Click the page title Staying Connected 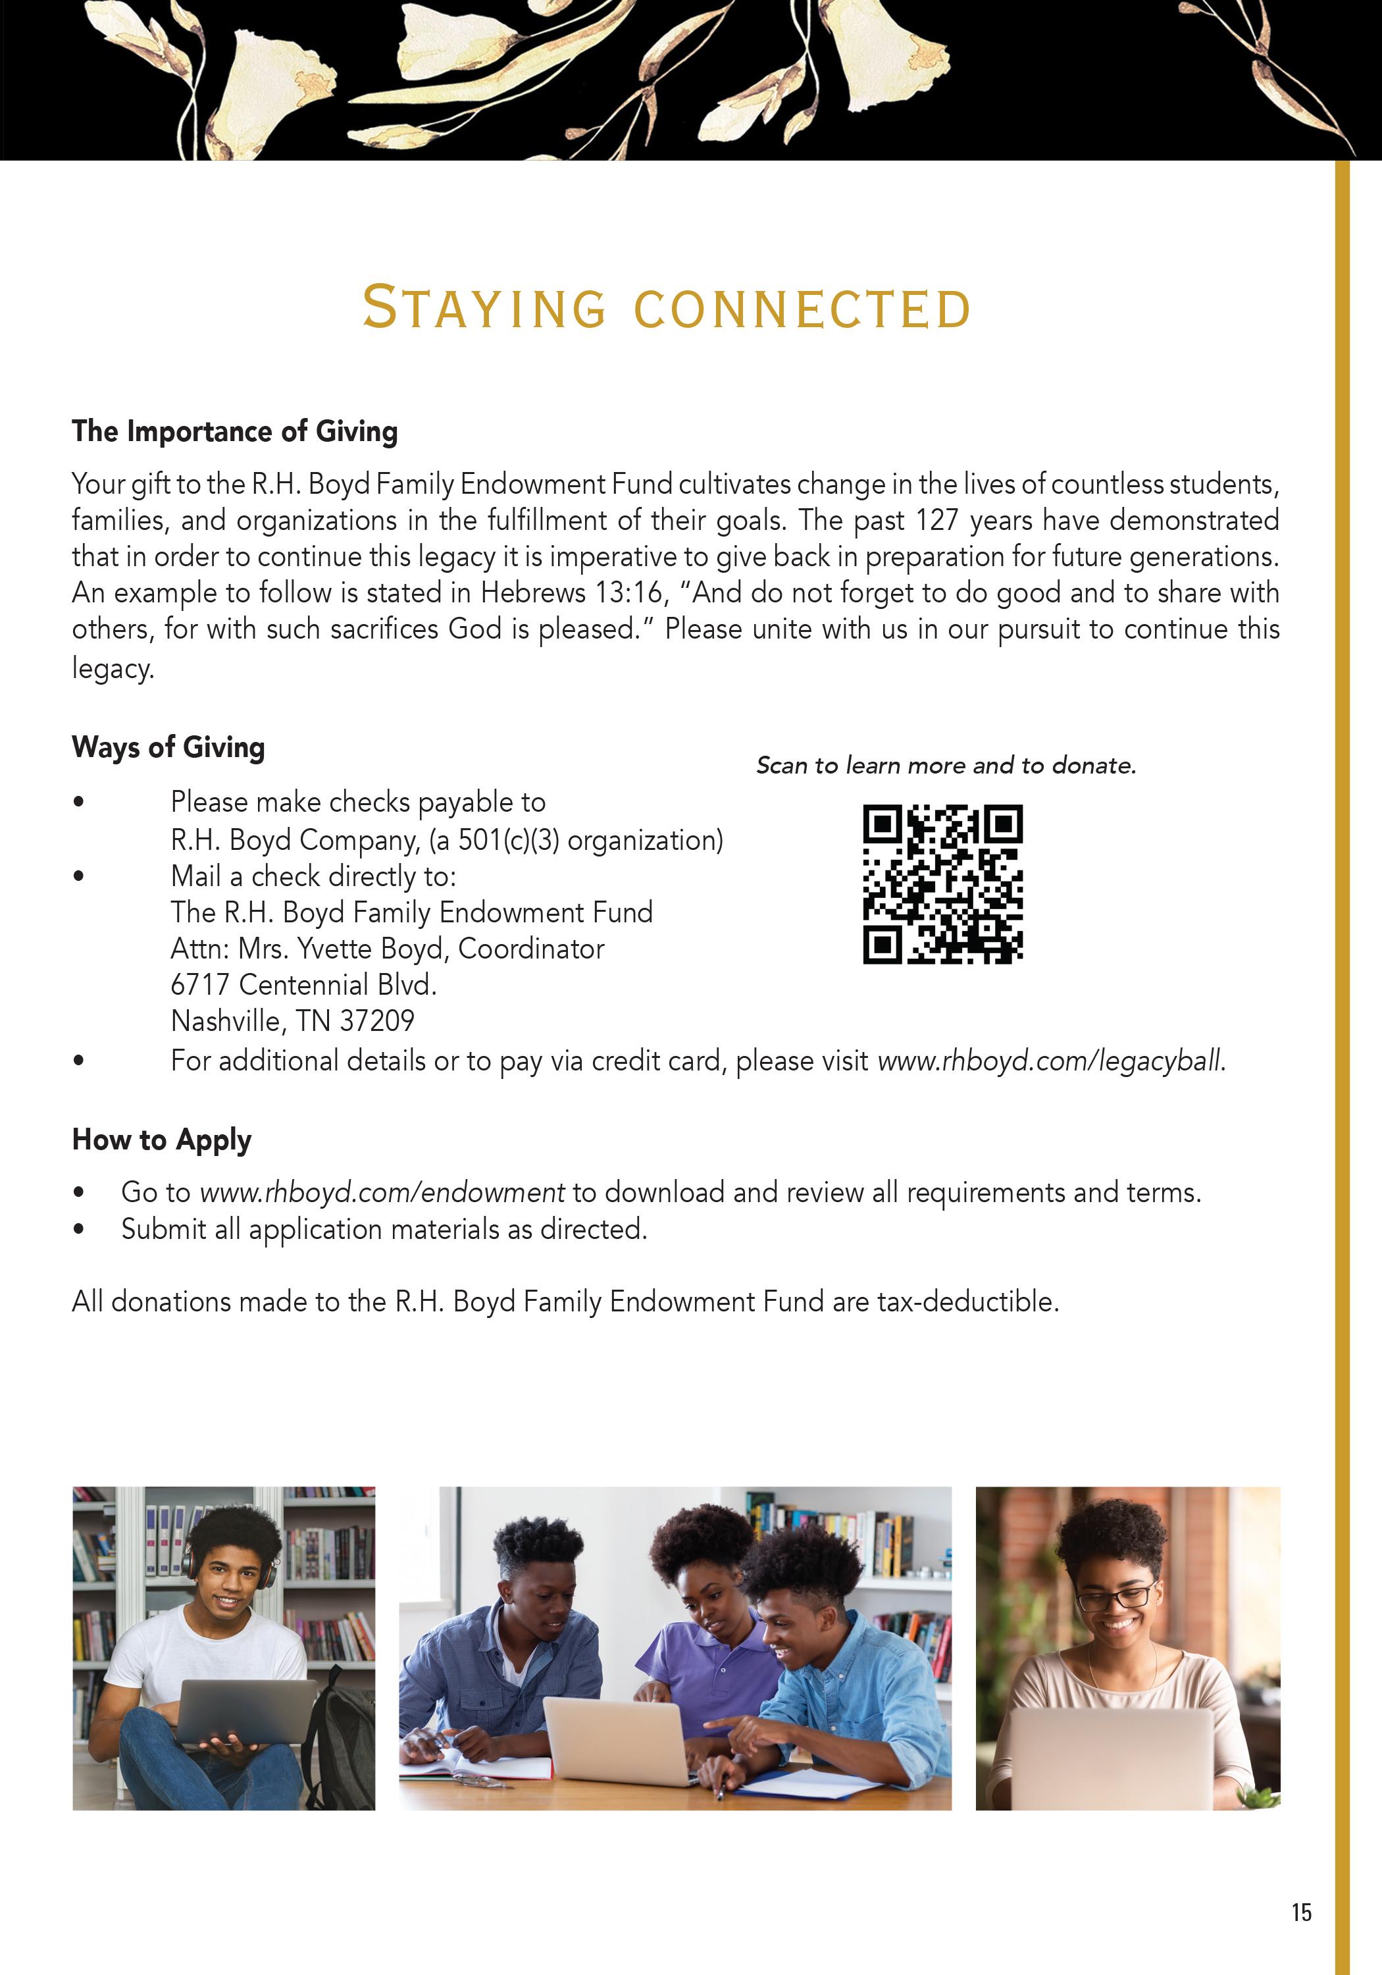tap(667, 308)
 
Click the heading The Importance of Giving tap(235, 431)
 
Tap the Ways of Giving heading tap(168, 747)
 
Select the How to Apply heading tap(162, 1140)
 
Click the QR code tap(942, 884)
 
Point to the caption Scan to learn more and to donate tap(946, 766)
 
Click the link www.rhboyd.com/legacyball tap(1051, 1061)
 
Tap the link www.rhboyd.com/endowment tap(382, 1192)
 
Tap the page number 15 tap(1301, 1912)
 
